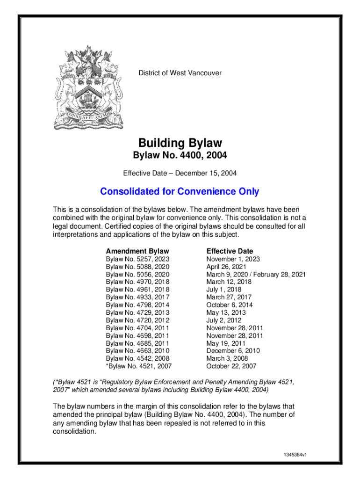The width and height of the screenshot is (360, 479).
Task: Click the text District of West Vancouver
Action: click(x=180, y=73)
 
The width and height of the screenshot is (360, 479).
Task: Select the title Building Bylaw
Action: click(x=180, y=143)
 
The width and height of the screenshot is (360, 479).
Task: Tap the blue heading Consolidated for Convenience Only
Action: click(x=180, y=192)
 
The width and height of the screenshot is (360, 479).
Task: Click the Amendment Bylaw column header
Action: click(x=137, y=251)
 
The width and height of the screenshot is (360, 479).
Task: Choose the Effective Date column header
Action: click(x=230, y=251)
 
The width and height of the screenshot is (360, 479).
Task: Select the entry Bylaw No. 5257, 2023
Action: click(x=137, y=259)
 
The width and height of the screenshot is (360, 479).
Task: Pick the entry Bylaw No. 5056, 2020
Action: click(x=137, y=275)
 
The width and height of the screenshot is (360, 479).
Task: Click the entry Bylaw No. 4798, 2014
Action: click(x=137, y=305)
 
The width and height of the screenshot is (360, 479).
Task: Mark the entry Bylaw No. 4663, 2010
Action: click(x=137, y=351)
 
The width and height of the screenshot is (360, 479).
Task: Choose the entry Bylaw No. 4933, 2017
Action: click(x=137, y=297)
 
